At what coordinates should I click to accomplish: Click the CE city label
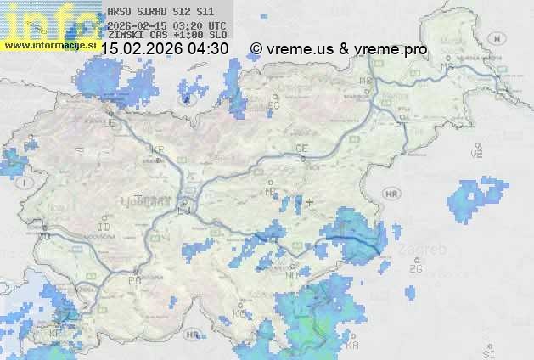[x=301, y=149]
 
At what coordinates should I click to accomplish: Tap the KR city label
[x=157, y=149]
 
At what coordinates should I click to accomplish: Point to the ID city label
[x=104, y=228]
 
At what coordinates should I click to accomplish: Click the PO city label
[x=133, y=280]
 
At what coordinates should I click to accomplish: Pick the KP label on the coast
[x=57, y=334]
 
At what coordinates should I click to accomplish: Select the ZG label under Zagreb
[x=415, y=269]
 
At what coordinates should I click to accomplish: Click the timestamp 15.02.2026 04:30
[x=165, y=48]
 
